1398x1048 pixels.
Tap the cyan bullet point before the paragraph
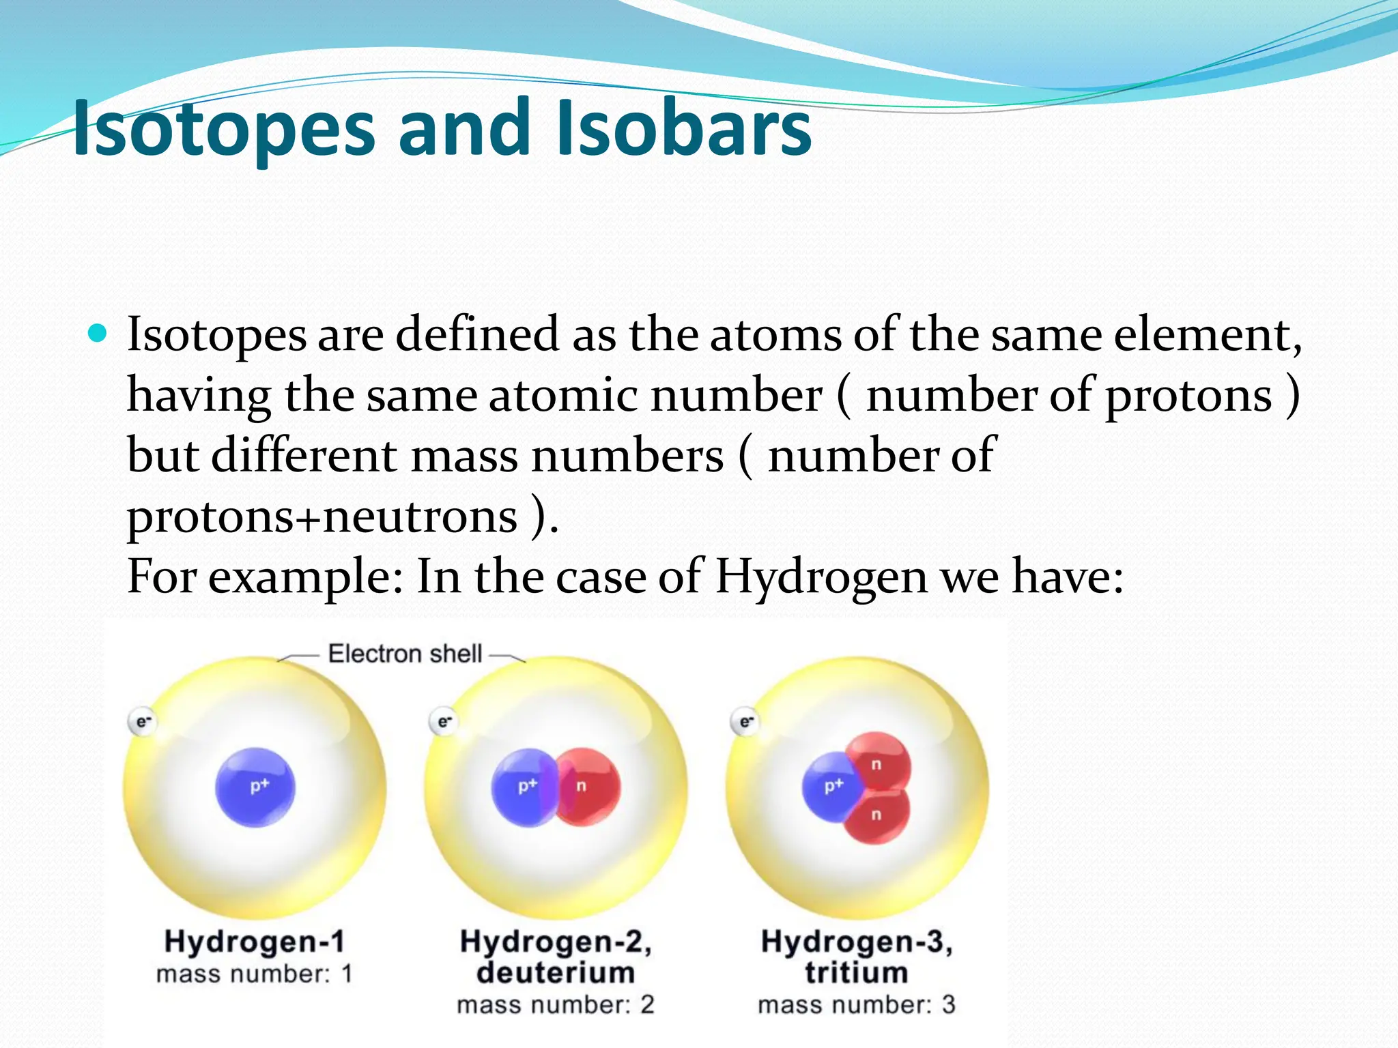click(x=98, y=334)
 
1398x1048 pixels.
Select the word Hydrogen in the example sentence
click(x=821, y=577)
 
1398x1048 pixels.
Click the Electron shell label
click(x=405, y=654)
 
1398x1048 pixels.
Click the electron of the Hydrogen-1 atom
click(x=142, y=721)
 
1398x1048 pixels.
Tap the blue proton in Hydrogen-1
click(x=255, y=787)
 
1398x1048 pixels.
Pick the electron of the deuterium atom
click(x=444, y=721)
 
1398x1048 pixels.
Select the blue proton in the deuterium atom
click(x=522, y=787)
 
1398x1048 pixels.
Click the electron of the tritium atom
click(x=745, y=721)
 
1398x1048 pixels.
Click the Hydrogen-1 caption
click(x=255, y=942)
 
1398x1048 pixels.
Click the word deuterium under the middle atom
click(x=556, y=972)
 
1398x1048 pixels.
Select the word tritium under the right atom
click(x=856, y=972)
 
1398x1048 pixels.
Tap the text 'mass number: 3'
click(x=856, y=1005)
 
